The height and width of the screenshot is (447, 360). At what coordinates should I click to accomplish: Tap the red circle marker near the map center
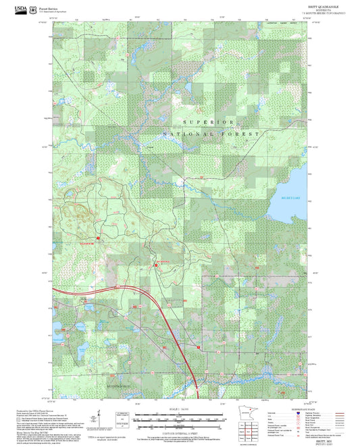click(156, 265)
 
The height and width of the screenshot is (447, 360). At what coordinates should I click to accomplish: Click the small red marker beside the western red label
click(99, 238)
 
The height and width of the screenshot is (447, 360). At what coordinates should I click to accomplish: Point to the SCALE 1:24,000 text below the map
click(176, 409)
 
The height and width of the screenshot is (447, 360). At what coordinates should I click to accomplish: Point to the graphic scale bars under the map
click(176, 419)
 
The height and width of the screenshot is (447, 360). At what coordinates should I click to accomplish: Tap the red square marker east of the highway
click(199, 347)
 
